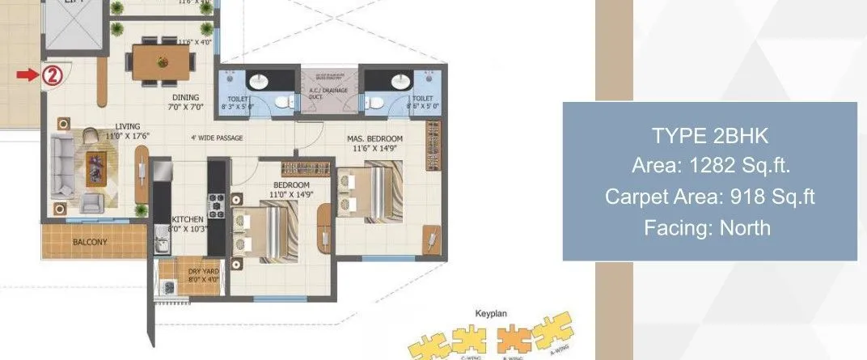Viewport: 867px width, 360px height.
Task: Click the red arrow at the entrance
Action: click(x=27, y=75)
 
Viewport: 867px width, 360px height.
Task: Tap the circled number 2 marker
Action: click(x=51, y=76)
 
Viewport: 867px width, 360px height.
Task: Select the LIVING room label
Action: click(x=127, y=126)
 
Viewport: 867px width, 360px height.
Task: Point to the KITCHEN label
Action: click(x=188, y=219)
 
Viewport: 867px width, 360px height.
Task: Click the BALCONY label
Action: click(x=90, y=241)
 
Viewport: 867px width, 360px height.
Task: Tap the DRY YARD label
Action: click(x=200, y=271)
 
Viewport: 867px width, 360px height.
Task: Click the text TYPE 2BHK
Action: click(x=709, y=134)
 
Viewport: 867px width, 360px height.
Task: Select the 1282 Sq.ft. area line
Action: click(x=709, y=166)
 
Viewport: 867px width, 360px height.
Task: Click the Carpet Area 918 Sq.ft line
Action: click(x=709, y=197)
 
